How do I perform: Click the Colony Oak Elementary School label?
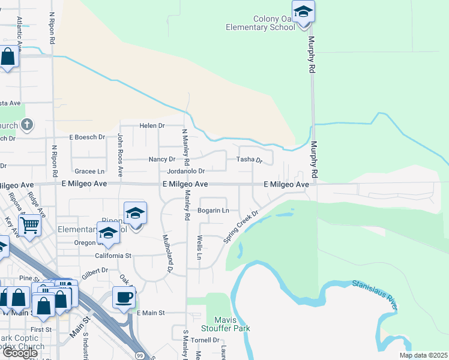261,23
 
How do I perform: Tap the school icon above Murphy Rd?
303,11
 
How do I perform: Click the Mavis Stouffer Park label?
228,324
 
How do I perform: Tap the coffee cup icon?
124,297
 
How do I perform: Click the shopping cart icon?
29,226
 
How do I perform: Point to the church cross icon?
26,125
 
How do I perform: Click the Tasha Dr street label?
250,160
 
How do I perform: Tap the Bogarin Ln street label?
214,211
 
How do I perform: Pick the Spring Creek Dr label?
241,226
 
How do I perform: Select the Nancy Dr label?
161,160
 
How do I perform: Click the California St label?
113,255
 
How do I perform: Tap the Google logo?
20,353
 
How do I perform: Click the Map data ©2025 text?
423,355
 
